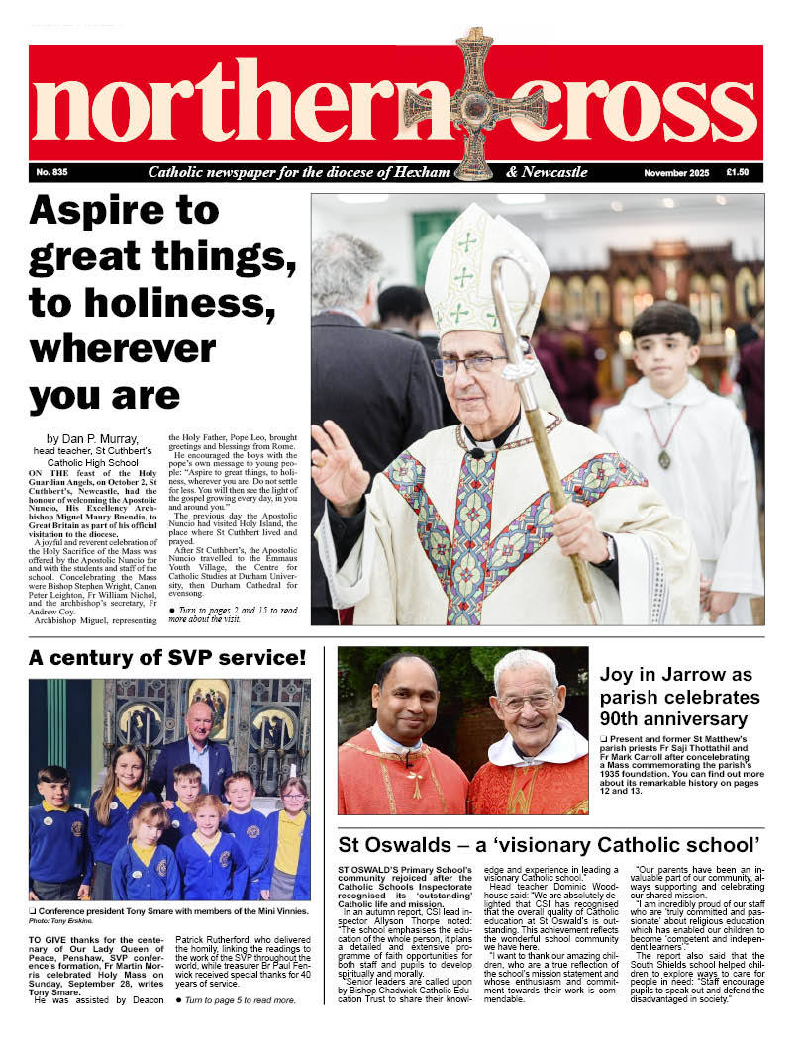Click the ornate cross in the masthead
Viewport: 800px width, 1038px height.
474,104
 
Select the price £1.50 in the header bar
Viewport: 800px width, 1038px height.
737,172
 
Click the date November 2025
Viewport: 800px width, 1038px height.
676,173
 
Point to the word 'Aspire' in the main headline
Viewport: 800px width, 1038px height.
95,210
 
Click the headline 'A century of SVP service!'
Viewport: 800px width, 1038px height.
167,658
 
